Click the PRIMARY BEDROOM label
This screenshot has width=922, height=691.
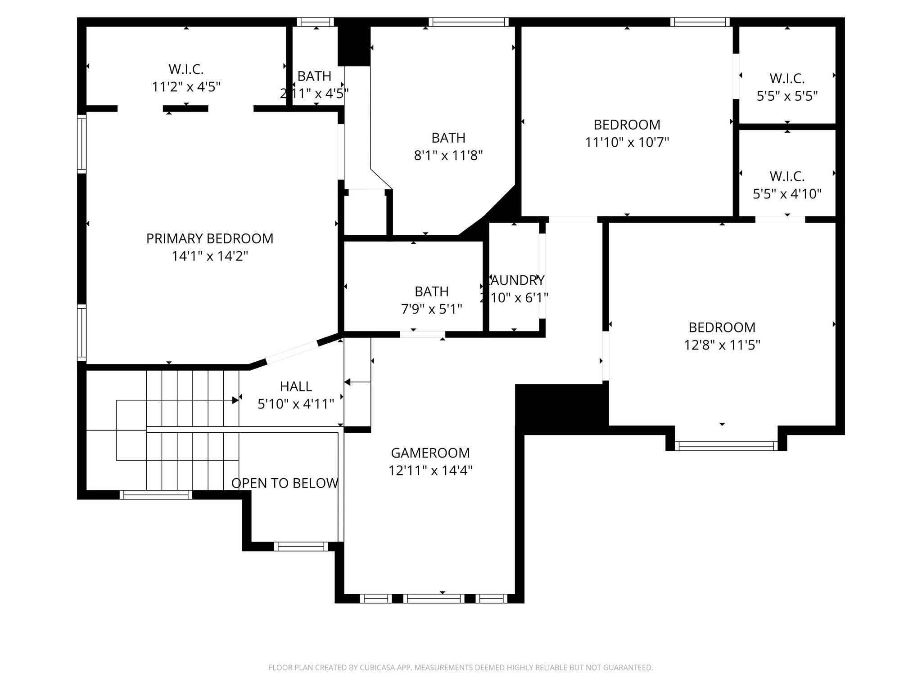pos(210,238)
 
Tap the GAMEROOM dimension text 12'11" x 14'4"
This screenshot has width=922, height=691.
pos(430,471)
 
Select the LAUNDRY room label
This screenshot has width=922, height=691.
pos(516,280)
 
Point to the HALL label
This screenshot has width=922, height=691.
pos(296,386)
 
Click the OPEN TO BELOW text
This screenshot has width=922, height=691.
pos(285,483)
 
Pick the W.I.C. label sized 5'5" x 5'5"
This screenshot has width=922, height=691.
pos(787,78)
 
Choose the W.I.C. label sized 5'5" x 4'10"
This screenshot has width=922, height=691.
pos(787,176)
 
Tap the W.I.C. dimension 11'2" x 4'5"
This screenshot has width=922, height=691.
pos(186,87)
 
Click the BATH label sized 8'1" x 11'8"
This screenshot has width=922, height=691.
pos(448,138)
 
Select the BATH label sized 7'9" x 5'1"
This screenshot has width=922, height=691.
pos(432,292)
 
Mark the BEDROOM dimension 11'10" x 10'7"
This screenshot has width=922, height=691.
pos(627,143)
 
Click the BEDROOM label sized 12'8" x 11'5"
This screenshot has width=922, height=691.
pos(722,327)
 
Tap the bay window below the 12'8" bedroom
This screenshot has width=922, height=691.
pos(726,446)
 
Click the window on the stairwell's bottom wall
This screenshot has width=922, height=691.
pos(156,495)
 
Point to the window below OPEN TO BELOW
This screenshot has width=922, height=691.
pos(301,547)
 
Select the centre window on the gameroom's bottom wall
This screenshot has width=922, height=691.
pos(434,598)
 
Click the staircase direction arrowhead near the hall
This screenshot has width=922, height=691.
pos(235,400)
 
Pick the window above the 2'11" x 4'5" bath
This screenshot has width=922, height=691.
pos(316,22)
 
